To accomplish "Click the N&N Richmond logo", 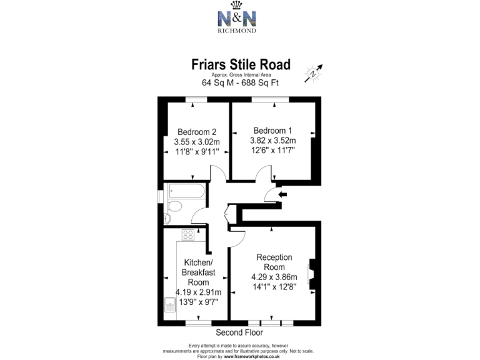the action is [x=241, y=20].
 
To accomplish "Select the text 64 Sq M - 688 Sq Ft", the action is [x=240, y=82].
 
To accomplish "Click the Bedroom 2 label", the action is [x=197, y=132].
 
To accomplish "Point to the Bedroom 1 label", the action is [x=272, y=131].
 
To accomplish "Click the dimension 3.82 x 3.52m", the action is [x=272, y=141].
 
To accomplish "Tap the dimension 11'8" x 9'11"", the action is [x=197, y=152].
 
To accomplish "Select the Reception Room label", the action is [x=275, y=262].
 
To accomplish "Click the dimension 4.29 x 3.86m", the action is [x=275, y=277].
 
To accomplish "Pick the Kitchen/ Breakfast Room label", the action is [x=198, y=272].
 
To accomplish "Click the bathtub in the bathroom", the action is [x=184, y=191].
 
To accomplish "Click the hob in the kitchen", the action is [x=187, y=235].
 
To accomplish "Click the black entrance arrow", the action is [x=282, y=195].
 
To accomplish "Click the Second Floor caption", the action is [x=239, y=332].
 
